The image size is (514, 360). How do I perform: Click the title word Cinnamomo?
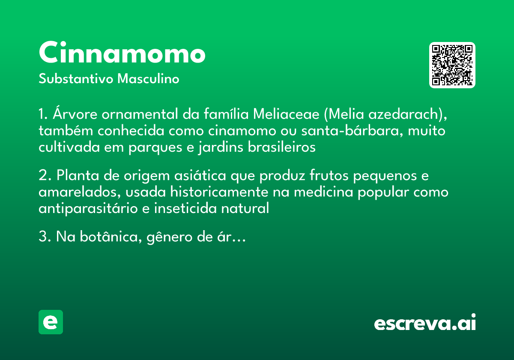pyautogui.click(x=122, y=52)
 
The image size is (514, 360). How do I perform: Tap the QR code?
pyautogui.click(x=452, y=65)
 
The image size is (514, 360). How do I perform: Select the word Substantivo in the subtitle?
pyautogui.click(x=76, y=78)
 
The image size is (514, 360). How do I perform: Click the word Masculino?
pyautogui.click(x=148, y=78)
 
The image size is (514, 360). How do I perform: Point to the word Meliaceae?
pyautogui.click(x=286, y=114)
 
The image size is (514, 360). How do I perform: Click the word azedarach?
pyautogui.click(x=404, y=114)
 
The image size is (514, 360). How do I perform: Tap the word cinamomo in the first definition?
pyautogui.click(x=242, y=131)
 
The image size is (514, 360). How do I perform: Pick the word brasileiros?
pyautogui.click(x=281, y=147)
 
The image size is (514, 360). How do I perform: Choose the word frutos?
pyautogui.click(x=329, y=175)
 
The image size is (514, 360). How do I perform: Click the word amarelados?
pyautogui.click(x=80, y=192)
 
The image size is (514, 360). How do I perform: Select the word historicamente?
pyautogui.click(x=219, y=192)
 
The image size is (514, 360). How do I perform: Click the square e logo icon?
pyautogui.click(x=51, y=322)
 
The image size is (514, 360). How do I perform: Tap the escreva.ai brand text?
pyautogui.click(x=425, y=322)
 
